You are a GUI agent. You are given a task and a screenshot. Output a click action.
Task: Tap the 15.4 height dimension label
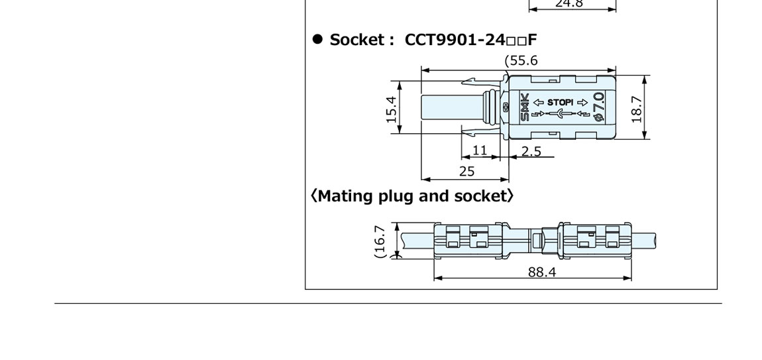(x=392, y=109)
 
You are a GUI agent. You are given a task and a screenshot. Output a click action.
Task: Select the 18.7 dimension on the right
(x=637, y=108)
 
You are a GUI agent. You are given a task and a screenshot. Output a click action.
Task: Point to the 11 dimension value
(x=479, y=150)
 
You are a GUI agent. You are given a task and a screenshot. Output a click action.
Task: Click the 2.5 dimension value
(x=530, y=152)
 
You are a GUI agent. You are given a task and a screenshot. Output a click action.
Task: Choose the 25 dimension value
(x=466, y=171)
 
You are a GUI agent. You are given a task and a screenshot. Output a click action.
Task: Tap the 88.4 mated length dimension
(x=541, y=272)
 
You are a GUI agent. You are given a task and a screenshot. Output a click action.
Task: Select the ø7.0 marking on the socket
(x=599, y=107)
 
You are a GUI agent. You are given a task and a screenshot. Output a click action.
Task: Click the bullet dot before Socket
(x=317, y=39)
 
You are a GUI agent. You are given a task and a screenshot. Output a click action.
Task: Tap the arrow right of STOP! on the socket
(x=582, y=102)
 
